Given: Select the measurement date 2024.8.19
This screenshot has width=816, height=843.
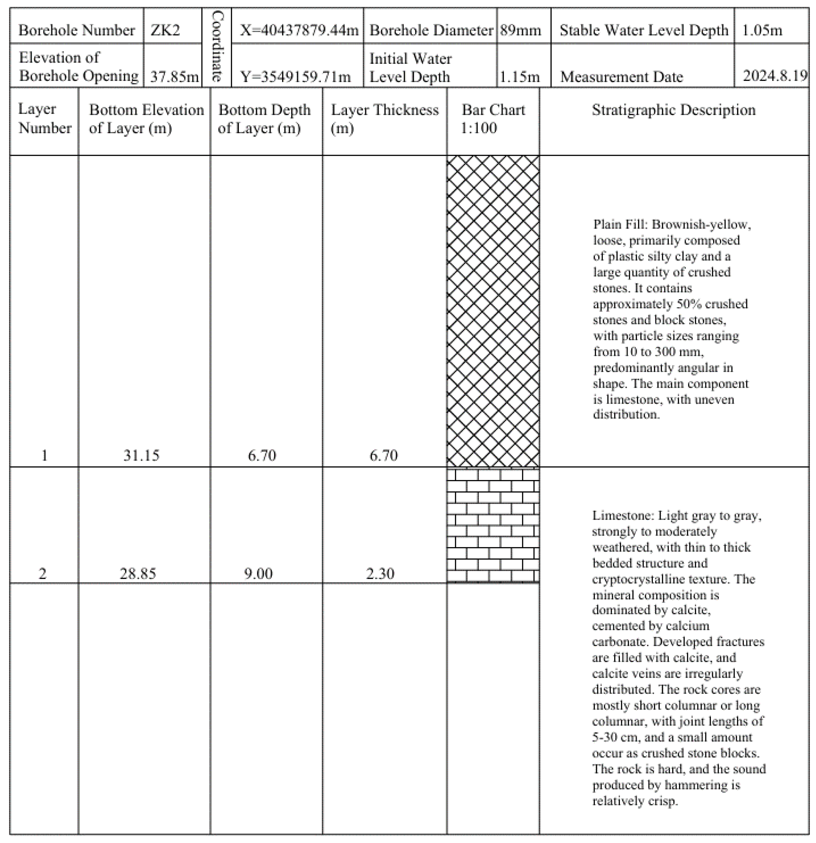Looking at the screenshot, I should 775,76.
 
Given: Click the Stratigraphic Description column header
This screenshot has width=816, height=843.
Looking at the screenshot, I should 673,110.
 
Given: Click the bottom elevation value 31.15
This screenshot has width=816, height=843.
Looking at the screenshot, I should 141,455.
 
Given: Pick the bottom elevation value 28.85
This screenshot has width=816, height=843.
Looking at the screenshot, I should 138,573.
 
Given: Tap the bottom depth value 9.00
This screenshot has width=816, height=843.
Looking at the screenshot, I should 258,573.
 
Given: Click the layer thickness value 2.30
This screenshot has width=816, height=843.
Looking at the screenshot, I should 380,573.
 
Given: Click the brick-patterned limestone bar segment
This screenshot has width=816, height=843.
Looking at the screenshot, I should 493,525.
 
